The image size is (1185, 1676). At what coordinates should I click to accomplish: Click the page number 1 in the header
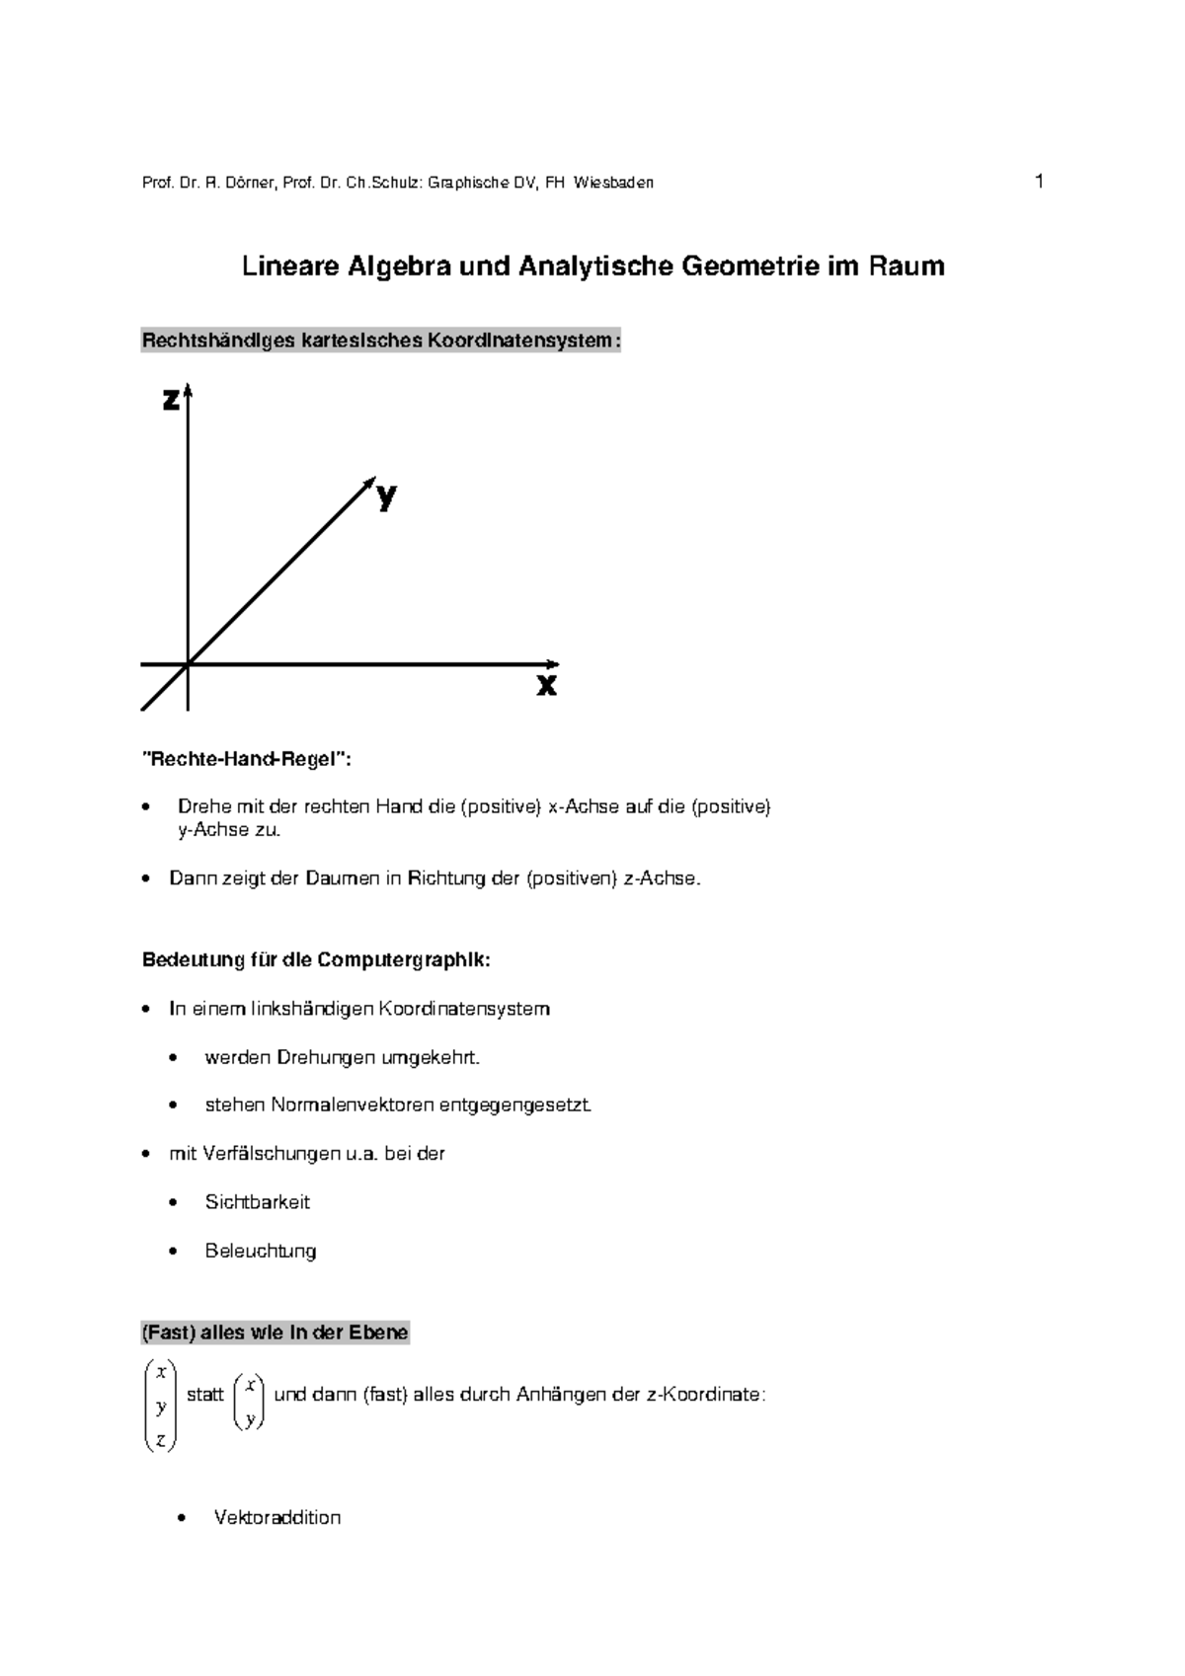pyautogui.click(x=1039, y=181)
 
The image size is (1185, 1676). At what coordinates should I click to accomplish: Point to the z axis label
pyautogui.click(x=171, y=400)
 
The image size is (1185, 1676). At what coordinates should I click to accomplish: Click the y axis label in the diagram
pyautogui.click(x=386, y=496)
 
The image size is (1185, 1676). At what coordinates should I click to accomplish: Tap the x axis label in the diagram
pyautogui.click(x=546, y=684)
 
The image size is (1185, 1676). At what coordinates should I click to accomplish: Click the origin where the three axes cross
pyautogui.click(x=188, y=664)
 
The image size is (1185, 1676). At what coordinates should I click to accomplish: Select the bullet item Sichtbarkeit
pyautogui.click(x=257, y=1202)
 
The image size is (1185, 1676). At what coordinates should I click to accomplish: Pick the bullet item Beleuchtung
pyautogui.click(x=261, y=1251)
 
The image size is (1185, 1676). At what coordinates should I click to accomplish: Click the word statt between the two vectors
pyautogui.click(x=205, y=1396)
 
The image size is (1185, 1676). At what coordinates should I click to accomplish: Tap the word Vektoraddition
pyautogui.click(x=277, y=1518)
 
